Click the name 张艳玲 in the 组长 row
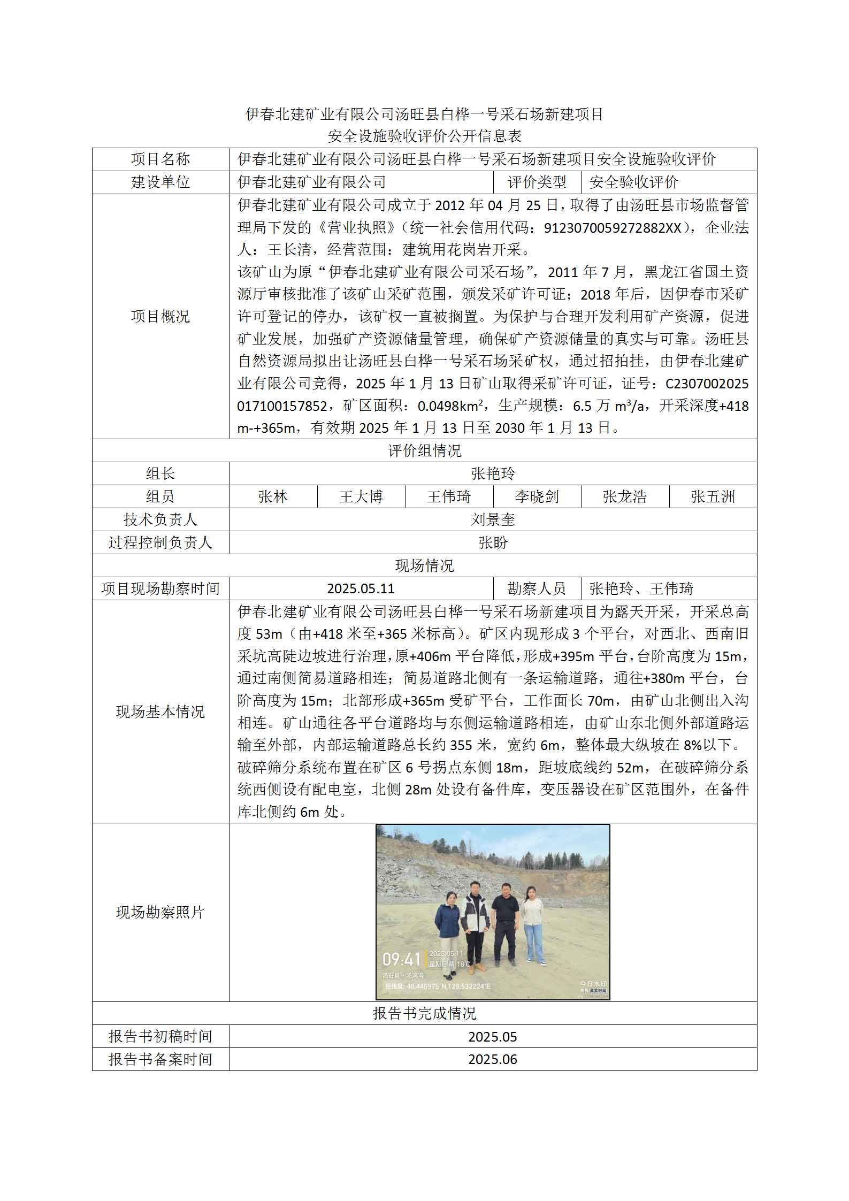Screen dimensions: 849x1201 point(492,473)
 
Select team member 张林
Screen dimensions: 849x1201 point(273,496)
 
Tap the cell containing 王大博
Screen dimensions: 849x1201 point(361,496)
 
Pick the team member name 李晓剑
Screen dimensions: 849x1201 point(537,496)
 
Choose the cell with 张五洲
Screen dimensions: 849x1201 point(713,496)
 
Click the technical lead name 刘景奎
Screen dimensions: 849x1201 point(492,519)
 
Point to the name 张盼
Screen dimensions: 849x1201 point(492,542)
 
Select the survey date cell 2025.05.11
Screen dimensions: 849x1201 point(361,588)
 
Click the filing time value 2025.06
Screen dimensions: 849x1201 point(492,1059)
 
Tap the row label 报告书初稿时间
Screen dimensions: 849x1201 point(160,1036)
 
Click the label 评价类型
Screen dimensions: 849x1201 point(537,182)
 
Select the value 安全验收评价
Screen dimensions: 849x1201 point(633,182)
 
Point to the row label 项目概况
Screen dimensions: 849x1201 point(160,316)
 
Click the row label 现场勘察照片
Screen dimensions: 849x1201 point(160,912)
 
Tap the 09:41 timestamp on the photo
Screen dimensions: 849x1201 point(401,959)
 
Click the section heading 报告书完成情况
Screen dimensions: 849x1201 point(424,1013)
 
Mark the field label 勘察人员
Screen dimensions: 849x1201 point(537,588)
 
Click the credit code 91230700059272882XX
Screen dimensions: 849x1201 point(613,228)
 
